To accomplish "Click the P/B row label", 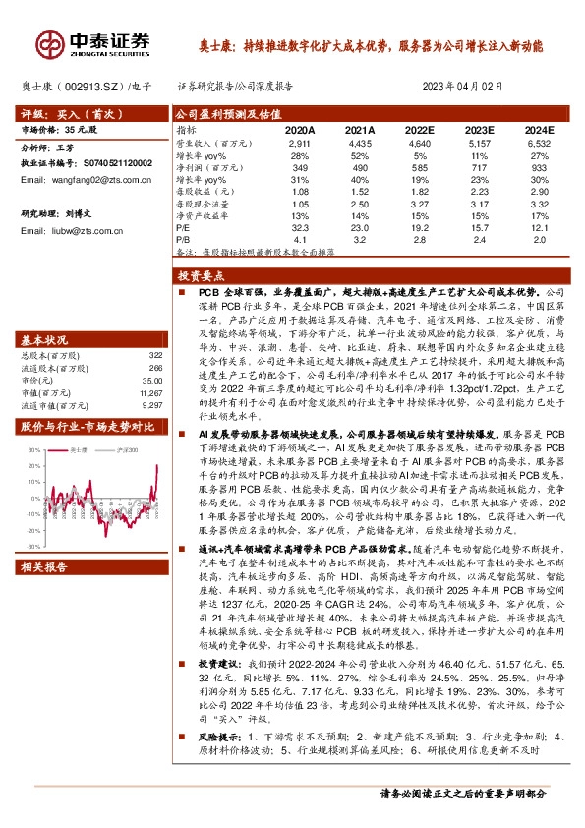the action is click(184, 238).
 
